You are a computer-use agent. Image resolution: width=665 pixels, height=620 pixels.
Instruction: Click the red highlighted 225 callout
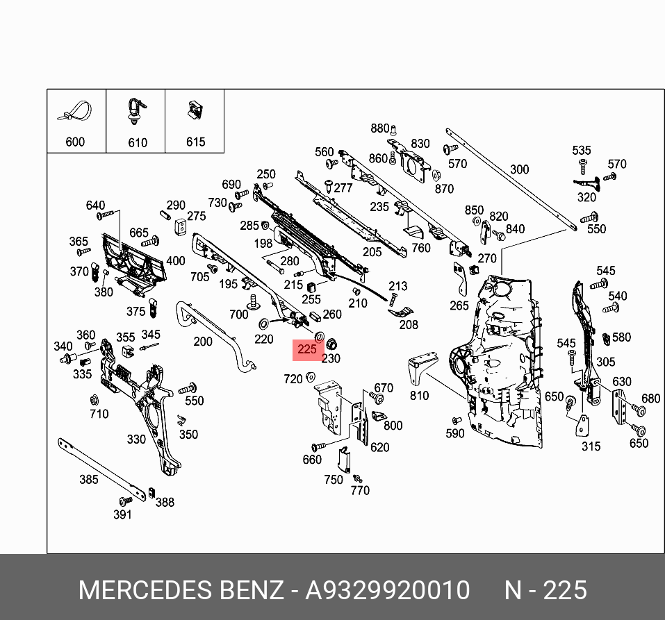coord(306,350)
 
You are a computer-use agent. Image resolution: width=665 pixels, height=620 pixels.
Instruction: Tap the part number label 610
coord(138,142)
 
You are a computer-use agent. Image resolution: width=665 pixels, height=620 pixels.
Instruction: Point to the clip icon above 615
coord(195,110)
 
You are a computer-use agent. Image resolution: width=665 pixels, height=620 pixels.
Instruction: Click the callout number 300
coord(519,169)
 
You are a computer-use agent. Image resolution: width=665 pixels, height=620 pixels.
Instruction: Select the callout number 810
coord(419,396)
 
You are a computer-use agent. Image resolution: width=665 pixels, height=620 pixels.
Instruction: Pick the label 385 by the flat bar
coord(88,479)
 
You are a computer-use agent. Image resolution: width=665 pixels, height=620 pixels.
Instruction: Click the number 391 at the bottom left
coord(122,514)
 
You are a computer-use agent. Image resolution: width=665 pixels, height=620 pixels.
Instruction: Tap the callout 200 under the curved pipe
coord(203,341)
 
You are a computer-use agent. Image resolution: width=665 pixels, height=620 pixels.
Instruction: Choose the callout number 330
coord(136,439)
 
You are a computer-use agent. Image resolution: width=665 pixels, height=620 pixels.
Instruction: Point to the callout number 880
coord(380,128)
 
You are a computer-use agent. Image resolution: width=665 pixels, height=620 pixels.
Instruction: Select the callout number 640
coord(95,205)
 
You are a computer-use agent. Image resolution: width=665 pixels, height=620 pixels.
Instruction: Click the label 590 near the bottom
coord(454,433)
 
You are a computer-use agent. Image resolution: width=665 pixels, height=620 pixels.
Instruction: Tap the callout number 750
coord(334,480)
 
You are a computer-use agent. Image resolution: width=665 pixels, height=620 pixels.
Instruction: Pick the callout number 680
coord(650,399)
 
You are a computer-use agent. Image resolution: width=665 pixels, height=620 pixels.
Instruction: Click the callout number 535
coord(582,151)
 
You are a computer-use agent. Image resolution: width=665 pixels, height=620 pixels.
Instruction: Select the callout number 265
coord(459,305)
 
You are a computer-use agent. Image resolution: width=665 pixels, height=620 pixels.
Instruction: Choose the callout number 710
coord(99,414)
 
